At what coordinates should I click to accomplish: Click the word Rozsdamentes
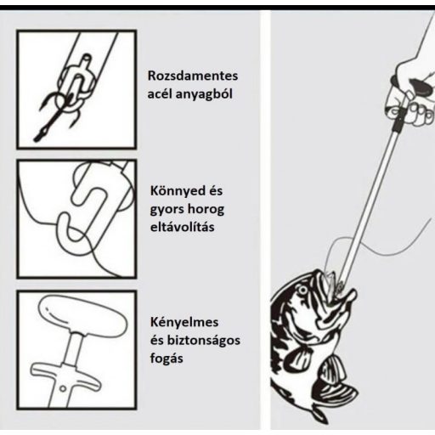(193, 76)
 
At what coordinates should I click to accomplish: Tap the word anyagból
(204, 94)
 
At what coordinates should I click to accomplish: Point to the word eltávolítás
(182, 227)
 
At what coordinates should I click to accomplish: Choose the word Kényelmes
(184, 323)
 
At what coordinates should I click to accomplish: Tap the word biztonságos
(203, 341)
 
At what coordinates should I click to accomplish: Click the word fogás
(167, 359)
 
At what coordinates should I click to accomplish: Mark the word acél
(159, 94)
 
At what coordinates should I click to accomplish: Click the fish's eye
(302, 290)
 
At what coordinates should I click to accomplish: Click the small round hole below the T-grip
(63, 388)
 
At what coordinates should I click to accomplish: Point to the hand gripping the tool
(412, 91)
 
